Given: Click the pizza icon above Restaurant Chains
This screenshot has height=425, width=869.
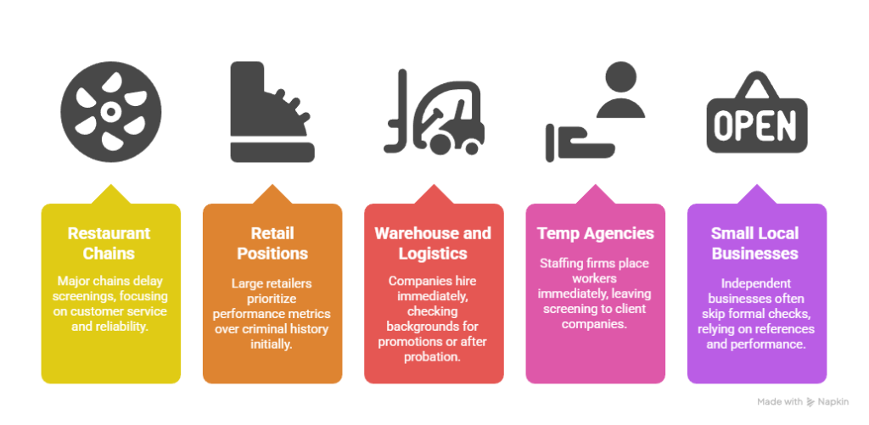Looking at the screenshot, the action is pyautogui.click(x=111, y=112).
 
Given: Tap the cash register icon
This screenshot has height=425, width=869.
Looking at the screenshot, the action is pyautogui.click(x=272, y=112).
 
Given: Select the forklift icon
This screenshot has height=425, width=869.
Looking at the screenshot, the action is pyautogui.click(x=434, y=112).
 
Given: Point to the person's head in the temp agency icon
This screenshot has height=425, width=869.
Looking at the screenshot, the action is pyautogui.click(x=620, y=77).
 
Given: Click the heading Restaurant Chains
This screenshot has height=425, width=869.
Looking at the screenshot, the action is pyautogui.click(x=109, y=243).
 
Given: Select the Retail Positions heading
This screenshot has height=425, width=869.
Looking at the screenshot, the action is pyautogui.click(x=272, y=243).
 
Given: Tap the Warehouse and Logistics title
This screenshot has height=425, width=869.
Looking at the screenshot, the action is pyautogui.click(x=434, y=243).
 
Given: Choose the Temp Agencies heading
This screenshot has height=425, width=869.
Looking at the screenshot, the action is pyautogui.click(x=595, y=233).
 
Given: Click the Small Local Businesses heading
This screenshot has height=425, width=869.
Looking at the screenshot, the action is pyautogui.click(x=754, y=243).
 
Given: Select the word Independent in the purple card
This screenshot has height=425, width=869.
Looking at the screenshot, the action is pyautogui.click(x=756, y=283).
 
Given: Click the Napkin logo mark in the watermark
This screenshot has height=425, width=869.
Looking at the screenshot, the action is pyautogui.click(x=810, y=402).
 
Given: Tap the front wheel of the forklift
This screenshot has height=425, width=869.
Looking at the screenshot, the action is pyautogui.click(x=441, y=144).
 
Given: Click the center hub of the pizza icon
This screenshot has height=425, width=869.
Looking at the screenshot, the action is pyautogui.click(x=111, y=112).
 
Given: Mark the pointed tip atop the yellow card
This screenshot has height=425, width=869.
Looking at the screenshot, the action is pyautogui.click(x=111, y=185).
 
